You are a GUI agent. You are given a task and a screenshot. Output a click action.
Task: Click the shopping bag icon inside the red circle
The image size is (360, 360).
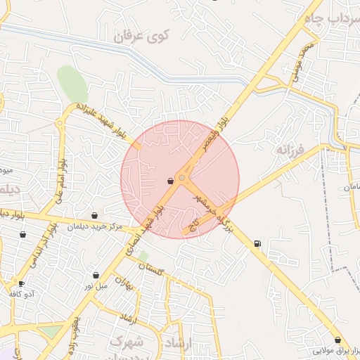170,181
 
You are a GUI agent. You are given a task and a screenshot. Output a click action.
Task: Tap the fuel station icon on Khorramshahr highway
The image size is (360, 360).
257,244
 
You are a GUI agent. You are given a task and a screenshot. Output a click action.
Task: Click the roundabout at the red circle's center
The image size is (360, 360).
182,179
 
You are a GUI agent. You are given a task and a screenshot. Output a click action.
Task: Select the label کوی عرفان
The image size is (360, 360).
139,35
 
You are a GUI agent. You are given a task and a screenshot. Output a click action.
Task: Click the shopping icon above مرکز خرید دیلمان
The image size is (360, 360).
95,216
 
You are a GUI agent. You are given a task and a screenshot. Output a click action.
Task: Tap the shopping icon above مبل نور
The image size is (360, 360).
96,275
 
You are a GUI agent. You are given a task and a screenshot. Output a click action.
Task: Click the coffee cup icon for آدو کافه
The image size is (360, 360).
22,284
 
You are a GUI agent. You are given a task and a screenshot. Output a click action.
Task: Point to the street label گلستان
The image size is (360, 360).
150,267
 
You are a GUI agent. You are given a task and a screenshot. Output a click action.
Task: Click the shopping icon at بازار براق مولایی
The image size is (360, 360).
337,340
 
